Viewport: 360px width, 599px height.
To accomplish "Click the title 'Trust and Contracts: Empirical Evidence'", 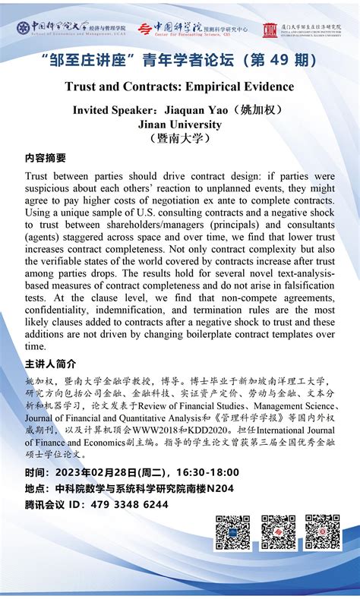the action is point(179,87).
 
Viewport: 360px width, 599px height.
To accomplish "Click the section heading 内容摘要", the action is point(46,158).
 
